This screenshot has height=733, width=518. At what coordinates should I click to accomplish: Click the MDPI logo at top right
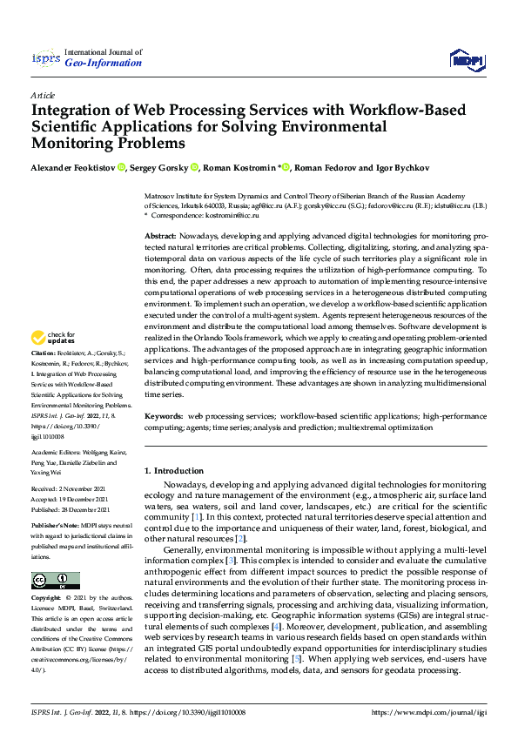pos(466,59)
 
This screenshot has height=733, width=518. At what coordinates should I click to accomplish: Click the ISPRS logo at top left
pos(44,59)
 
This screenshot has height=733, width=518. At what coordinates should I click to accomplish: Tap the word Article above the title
pos(43,95)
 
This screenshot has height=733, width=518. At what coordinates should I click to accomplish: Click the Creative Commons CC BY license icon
pos(55,581)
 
